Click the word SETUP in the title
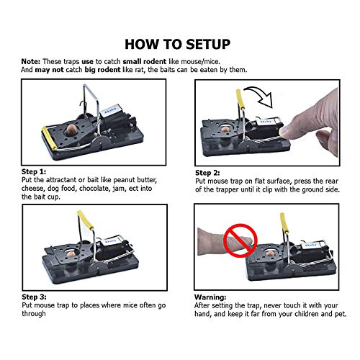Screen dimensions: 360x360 pos(208,44)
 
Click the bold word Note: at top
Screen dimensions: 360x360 pos(31,61)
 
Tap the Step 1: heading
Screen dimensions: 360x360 pos(34,171)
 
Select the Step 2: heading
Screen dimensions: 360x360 pos(207,173)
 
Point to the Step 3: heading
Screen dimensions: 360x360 pos(34,297)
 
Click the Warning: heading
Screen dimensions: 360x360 pos(210,297)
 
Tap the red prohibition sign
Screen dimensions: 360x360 pos(240,240)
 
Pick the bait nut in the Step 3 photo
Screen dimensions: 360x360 pos(71,254)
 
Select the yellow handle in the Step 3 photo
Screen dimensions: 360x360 pos(86,220)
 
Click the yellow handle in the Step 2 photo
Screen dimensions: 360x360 pos(240,99)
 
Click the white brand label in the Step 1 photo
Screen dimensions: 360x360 pos(111,110)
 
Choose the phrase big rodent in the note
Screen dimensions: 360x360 pos(102,70)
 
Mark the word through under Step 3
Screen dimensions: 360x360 pos(34,314)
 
